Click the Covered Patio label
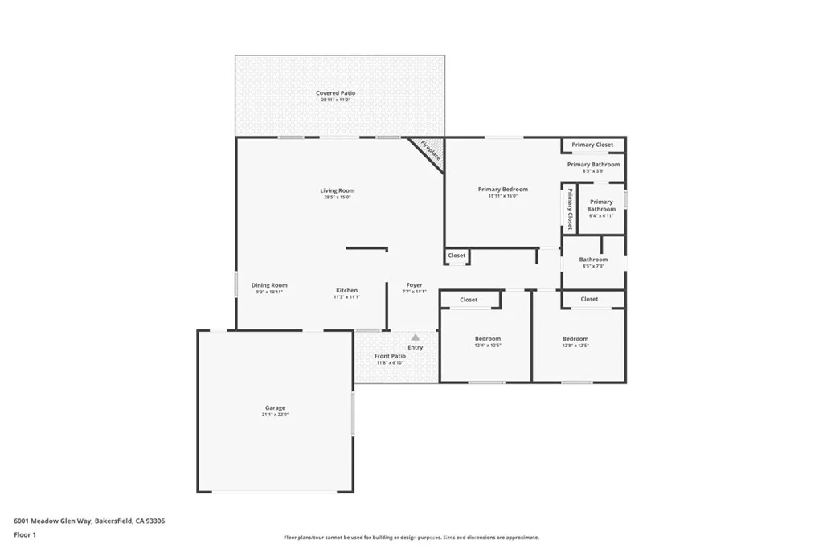335,93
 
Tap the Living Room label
338,190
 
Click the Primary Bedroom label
503,190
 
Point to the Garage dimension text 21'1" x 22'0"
276,415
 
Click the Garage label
276,407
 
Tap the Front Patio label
390,355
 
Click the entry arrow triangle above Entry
415,338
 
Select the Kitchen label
346,290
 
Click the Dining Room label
269,285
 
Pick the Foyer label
414,285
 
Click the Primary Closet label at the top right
592,145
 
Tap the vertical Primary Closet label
569,209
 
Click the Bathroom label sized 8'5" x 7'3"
593,260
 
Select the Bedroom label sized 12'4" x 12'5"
487,338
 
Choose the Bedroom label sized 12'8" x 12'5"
575,338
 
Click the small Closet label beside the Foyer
457,256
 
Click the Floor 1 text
27,534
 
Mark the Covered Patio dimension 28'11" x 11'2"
335,100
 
